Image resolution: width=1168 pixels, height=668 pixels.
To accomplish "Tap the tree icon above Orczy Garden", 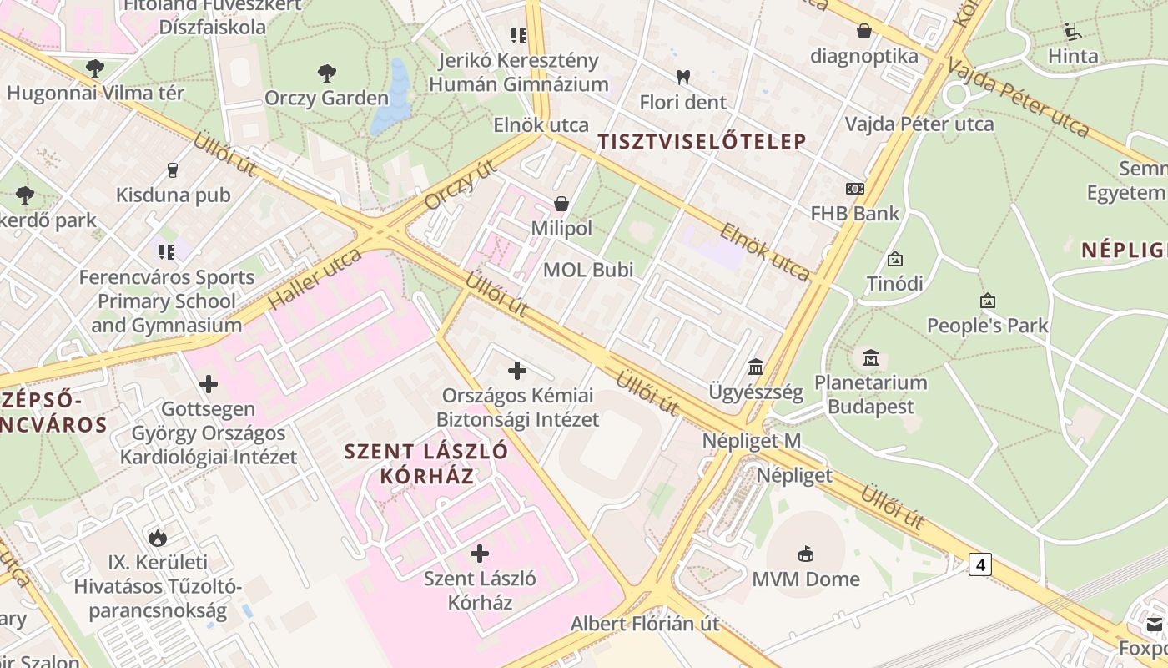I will (x=326, y=73).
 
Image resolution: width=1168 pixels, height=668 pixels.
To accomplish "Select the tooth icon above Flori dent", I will (x=682, y=78).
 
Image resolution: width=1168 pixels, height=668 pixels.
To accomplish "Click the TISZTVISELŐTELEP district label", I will (x=702, y=142).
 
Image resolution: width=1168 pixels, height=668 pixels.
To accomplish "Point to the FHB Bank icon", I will (x=854, y=189).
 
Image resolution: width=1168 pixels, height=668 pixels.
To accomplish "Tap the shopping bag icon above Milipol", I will (x=561, y=204).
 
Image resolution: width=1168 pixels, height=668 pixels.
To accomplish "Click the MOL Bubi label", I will (x=588, y=270).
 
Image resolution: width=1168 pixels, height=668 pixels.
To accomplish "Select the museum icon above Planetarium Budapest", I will (x=871, y=357).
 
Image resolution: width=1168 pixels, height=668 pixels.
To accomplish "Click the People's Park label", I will (x=988, y=326).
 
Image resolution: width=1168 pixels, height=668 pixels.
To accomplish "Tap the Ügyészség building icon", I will (x=756, y=367).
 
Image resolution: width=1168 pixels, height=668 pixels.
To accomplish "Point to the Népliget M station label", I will (x=752, y=441).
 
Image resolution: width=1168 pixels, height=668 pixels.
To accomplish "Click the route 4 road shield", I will (x=980, y=565).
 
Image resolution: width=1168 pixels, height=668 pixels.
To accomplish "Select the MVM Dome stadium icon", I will (x=806, y=554).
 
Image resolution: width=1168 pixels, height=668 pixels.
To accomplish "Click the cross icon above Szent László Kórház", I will (x=480, y=553).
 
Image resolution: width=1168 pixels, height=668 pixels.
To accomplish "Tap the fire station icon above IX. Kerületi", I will (x=157, y=537).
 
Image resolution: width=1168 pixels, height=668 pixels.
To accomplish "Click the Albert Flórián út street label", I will (x=645, y=624).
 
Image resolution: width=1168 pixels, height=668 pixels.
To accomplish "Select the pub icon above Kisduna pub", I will (x=173, y=170).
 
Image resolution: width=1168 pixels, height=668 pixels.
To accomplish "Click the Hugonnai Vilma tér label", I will (x=95, y=93).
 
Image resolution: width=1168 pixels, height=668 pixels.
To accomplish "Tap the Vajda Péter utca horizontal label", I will (x=919, y=124).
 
